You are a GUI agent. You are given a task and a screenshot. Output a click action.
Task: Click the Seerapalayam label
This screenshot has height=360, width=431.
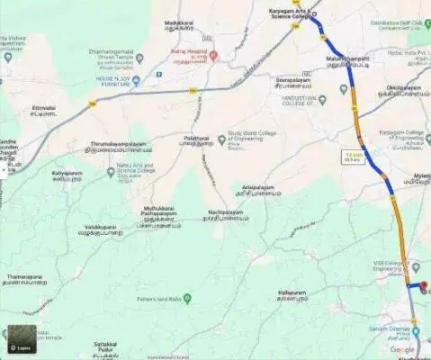[x=292, y=81]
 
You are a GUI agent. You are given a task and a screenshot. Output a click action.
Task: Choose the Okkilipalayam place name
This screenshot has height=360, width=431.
[x=403, y=89]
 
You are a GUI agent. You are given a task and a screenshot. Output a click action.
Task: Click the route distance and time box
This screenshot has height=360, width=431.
[x=353, y=157]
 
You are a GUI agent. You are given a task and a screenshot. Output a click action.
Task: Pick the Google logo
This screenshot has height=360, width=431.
[x=402, y=349]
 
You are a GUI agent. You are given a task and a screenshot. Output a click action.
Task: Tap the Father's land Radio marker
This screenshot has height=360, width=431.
[x=187, y=298]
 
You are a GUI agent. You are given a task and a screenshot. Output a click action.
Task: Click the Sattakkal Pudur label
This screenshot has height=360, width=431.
[x=105, y=344]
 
